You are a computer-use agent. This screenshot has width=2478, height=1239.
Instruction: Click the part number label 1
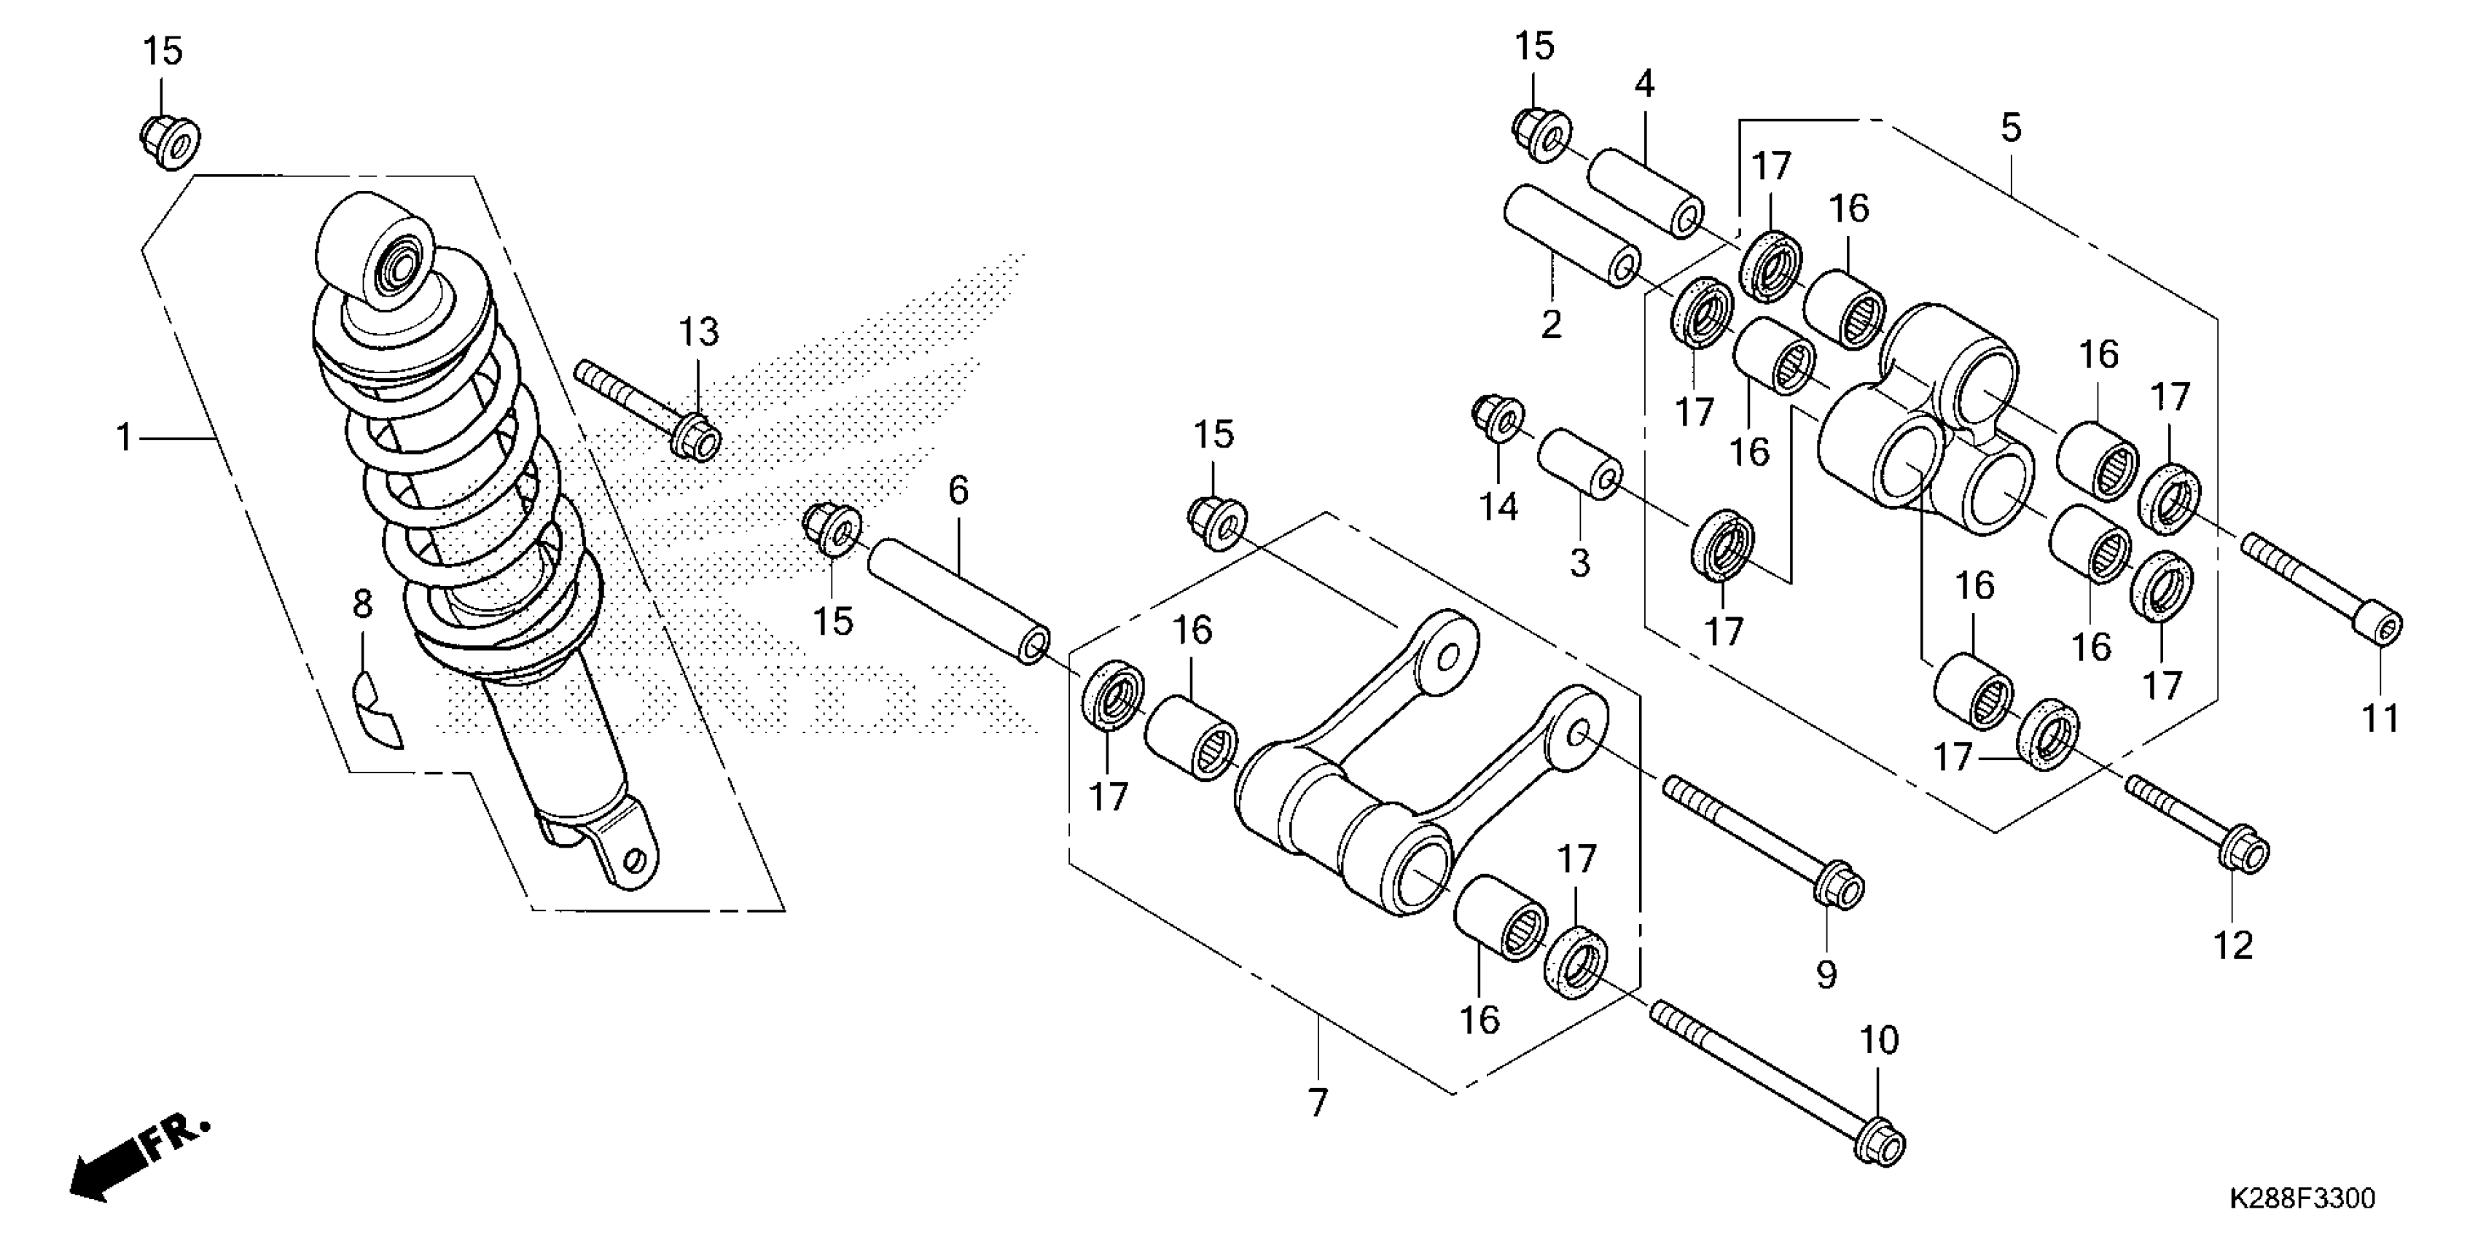click(124, 439)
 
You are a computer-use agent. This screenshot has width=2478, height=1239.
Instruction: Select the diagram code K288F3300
click(2301, 1199)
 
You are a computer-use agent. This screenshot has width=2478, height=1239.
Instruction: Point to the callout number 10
click(1879, 1040)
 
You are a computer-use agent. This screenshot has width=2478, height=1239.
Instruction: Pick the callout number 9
click(1826, 975)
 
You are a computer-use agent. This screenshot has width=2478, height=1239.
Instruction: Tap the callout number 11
click(2381, 719)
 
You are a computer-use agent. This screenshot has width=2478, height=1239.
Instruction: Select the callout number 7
click(1317, 1101)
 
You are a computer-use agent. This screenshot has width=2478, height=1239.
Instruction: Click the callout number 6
click(958, 490)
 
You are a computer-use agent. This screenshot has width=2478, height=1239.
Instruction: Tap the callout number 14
click(1498, 506)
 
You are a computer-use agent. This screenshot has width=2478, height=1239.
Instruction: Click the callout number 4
click(1644, 85)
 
